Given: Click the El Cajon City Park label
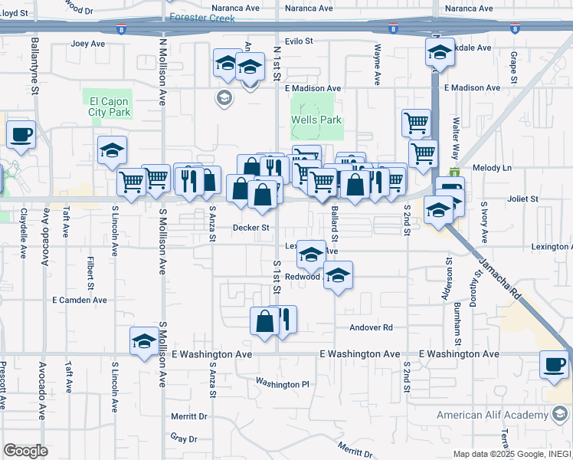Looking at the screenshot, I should point(110,107).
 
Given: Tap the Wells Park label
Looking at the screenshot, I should point(316,120).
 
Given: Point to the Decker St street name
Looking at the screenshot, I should point(251,228).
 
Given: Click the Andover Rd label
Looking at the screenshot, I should point(371,327).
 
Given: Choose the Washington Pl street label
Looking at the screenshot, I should point(282,383).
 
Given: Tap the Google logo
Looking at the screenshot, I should point(25,451).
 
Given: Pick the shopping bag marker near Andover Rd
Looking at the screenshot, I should point(264,321).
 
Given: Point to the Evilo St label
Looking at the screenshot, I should point(300,41).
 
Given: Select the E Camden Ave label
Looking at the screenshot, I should point(80,300).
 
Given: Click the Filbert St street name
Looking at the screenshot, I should point(90,268).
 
